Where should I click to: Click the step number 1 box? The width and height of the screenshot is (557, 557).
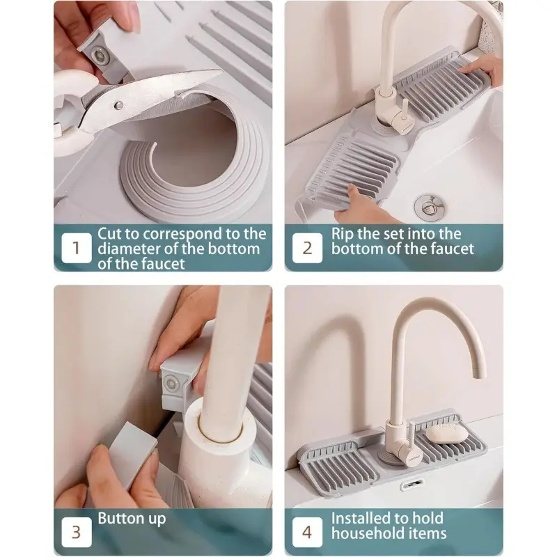(x=77, y=248)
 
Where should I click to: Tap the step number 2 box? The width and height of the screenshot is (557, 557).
(x=307, y=248)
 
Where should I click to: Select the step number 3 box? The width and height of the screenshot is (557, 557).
(x=77, y=532)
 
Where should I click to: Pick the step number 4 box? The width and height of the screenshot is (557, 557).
(x=307, y=532)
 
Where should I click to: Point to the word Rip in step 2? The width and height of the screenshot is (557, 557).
(x=343, y=234)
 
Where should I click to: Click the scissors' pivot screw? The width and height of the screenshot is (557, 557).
(x=119, y=105)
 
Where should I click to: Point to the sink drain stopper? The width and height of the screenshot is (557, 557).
(x=430, y=206)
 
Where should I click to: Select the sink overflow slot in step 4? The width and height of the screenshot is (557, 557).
(x=412, y=484)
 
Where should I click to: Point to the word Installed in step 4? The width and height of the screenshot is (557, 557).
(x=363, y=518)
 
